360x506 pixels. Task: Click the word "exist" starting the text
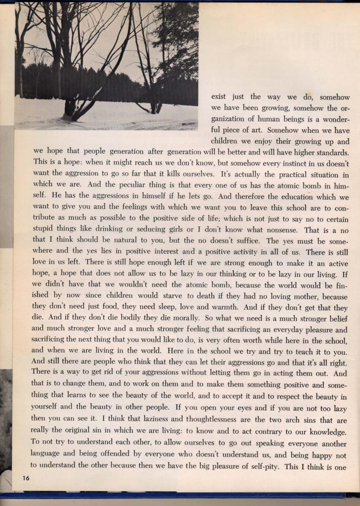(220, 97)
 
